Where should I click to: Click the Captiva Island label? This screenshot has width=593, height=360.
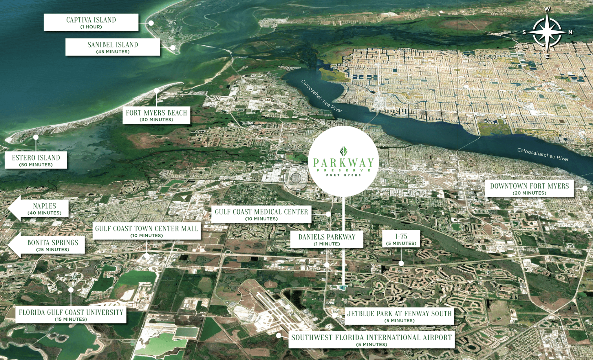[x=91, y=22]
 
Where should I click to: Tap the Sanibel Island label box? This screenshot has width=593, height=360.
[x=113, y=47]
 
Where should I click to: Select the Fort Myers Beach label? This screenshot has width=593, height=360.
[x=156, y=115]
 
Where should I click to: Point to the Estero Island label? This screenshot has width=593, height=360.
[x=36, y=160]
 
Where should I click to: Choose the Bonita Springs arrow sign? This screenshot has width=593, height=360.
[x=48, y=245]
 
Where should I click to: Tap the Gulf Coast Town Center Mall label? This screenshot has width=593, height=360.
[x=147, y=231]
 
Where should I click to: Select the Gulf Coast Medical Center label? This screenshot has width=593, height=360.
[x=261, y=214]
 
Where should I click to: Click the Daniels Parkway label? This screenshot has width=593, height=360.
[x=327, y=240]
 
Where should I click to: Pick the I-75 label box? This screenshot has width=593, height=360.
[x=401, y=239]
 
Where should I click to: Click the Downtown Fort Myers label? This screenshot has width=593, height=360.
[x=529, y=189]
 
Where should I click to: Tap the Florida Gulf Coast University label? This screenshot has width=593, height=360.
[x=71, y=315]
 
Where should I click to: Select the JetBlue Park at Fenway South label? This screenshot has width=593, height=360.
[x=399, y=316]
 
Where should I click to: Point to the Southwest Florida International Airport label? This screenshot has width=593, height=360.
[x=371, y=340]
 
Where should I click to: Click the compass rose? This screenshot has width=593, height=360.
[x=547, y=32]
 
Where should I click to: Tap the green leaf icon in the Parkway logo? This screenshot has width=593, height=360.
[x=344, y=151]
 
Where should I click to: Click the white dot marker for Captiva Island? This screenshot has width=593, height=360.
[x=151, y=23]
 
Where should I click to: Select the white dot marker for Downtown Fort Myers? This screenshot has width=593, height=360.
[x=585, y=188]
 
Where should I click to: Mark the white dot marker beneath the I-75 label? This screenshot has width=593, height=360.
[x=401, y=263]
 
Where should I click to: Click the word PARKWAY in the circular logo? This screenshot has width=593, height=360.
[x=343, y=163]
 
